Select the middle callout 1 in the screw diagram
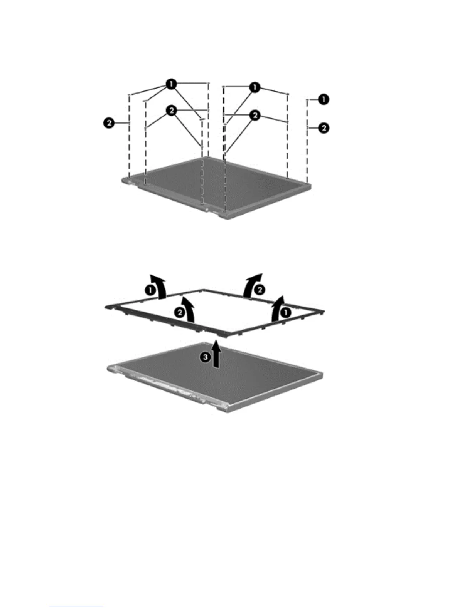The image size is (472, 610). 254,87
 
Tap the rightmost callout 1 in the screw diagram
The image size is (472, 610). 324,99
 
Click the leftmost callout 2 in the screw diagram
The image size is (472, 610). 110,123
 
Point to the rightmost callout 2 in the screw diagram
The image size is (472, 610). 324,127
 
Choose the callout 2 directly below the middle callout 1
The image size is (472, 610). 254,115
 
